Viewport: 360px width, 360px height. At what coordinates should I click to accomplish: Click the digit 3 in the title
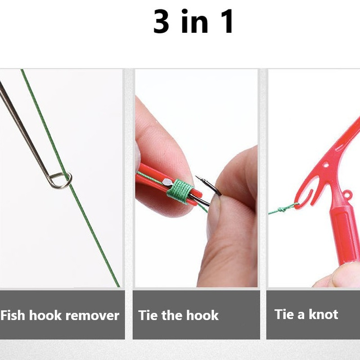161,22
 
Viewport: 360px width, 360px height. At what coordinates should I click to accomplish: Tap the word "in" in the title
195,21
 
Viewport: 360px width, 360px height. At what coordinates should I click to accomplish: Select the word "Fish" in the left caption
13,315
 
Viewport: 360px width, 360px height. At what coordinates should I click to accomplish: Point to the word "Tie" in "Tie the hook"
148,315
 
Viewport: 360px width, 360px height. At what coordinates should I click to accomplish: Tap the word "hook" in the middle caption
202,315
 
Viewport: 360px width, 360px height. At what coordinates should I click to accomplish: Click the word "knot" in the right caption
323,314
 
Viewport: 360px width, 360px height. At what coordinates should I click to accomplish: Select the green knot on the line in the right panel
283,209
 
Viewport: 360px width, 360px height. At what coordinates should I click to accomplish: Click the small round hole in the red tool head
325,165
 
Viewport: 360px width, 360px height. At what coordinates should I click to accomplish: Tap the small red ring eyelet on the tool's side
347,195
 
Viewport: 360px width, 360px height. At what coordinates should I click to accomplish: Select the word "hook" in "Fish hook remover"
45,315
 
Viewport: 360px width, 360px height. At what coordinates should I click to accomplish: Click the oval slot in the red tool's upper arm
340,147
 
